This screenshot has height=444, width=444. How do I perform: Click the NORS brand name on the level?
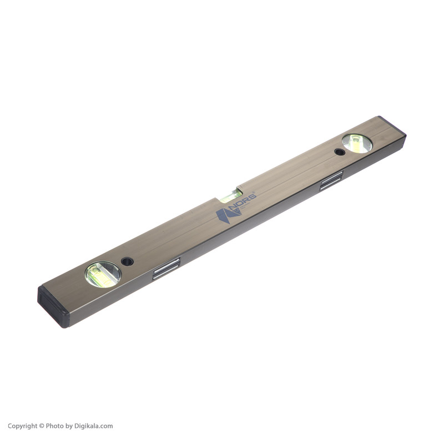243,200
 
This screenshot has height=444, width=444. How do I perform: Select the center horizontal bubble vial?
231,195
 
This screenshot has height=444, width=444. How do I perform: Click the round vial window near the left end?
103,274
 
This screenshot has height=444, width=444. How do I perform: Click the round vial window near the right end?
357,143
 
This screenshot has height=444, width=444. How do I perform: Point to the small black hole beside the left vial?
127,261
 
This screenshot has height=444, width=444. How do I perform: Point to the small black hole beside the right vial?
340,152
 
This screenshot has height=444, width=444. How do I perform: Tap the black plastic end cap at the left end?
52,306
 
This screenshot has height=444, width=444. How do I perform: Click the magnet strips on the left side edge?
167,269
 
